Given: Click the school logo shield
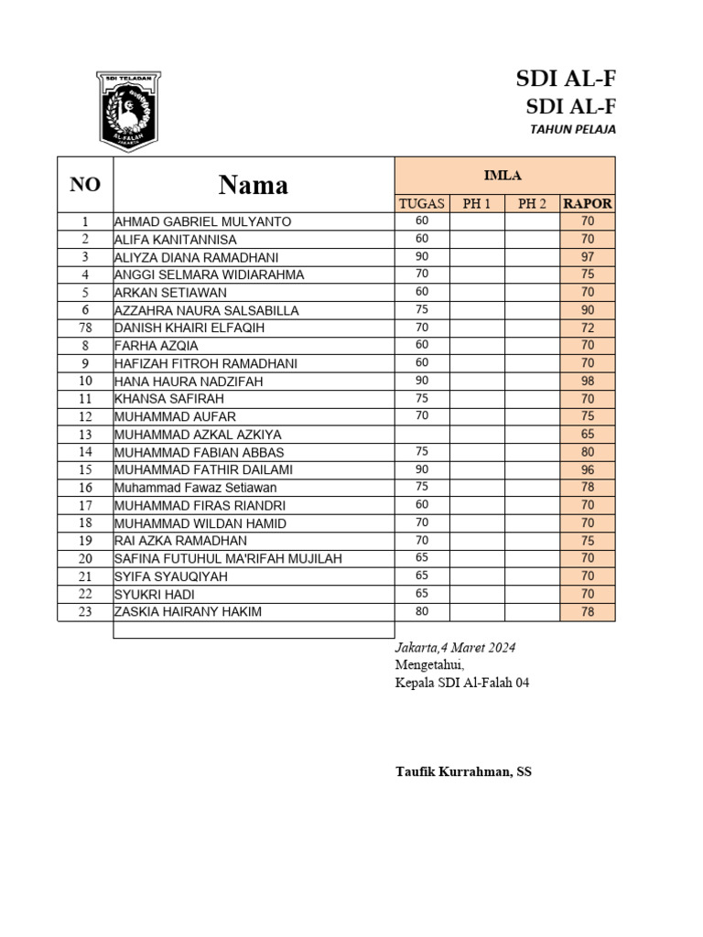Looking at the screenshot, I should coord(128,111).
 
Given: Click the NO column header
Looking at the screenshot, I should coord(85,185).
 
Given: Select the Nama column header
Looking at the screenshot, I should coord(254,185).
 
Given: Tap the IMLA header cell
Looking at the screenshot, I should coord(504,176).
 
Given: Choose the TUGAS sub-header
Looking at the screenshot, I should coord(422,203).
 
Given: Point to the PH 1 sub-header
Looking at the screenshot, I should coord(477,203).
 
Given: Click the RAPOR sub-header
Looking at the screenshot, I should coord(588,203).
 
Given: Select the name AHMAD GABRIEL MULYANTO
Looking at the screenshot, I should coord(202,221).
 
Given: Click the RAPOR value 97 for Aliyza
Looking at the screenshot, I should coord(588,257).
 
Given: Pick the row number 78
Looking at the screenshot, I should coord(85,328).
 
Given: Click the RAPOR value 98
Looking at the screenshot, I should coord(588,381).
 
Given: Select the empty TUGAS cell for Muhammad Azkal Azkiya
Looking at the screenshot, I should coord(422,434).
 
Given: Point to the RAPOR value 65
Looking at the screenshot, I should coord(588,434).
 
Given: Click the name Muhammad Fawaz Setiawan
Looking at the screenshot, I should coord(195,488).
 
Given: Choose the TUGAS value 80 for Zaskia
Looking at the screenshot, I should coord(422,611).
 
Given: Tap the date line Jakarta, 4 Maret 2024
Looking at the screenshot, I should coord(455,648).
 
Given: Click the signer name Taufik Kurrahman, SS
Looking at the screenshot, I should coord(463,771).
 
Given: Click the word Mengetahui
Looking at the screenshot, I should coord(429,665).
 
